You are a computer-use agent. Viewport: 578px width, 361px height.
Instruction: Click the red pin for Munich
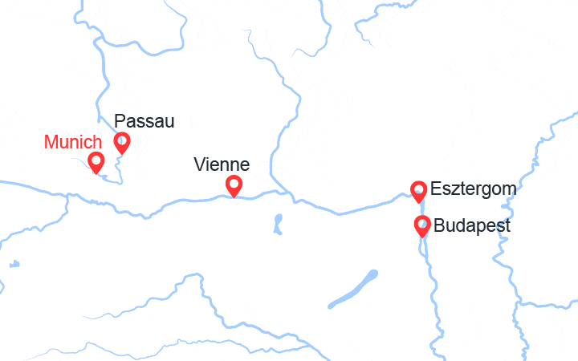click(96, 161)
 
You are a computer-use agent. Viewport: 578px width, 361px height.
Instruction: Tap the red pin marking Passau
click(122, 142)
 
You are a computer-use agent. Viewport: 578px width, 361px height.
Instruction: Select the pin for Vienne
click(234, 185)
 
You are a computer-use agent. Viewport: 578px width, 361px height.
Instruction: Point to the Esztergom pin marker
click(418, 189)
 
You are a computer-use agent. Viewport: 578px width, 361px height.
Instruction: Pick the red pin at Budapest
click(422, 225)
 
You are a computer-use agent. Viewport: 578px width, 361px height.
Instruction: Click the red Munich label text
click(73, 143)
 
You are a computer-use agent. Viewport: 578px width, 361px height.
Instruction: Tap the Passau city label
click(144, 121)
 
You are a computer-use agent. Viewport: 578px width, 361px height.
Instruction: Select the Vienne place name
click(222, 165)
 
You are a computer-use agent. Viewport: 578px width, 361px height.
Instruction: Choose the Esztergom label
click(473, 190)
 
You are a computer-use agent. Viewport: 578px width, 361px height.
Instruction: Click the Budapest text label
click(472, 226)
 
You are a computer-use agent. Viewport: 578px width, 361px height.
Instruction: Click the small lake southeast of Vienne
click(278, 222)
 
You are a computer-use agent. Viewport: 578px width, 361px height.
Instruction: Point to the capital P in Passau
click(120, 121)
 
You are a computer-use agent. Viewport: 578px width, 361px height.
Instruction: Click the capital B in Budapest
click(439, 226)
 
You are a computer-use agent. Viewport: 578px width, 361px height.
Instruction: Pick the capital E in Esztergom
click(436, 190)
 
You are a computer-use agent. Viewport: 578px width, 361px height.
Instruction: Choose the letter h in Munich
click(97, 143)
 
